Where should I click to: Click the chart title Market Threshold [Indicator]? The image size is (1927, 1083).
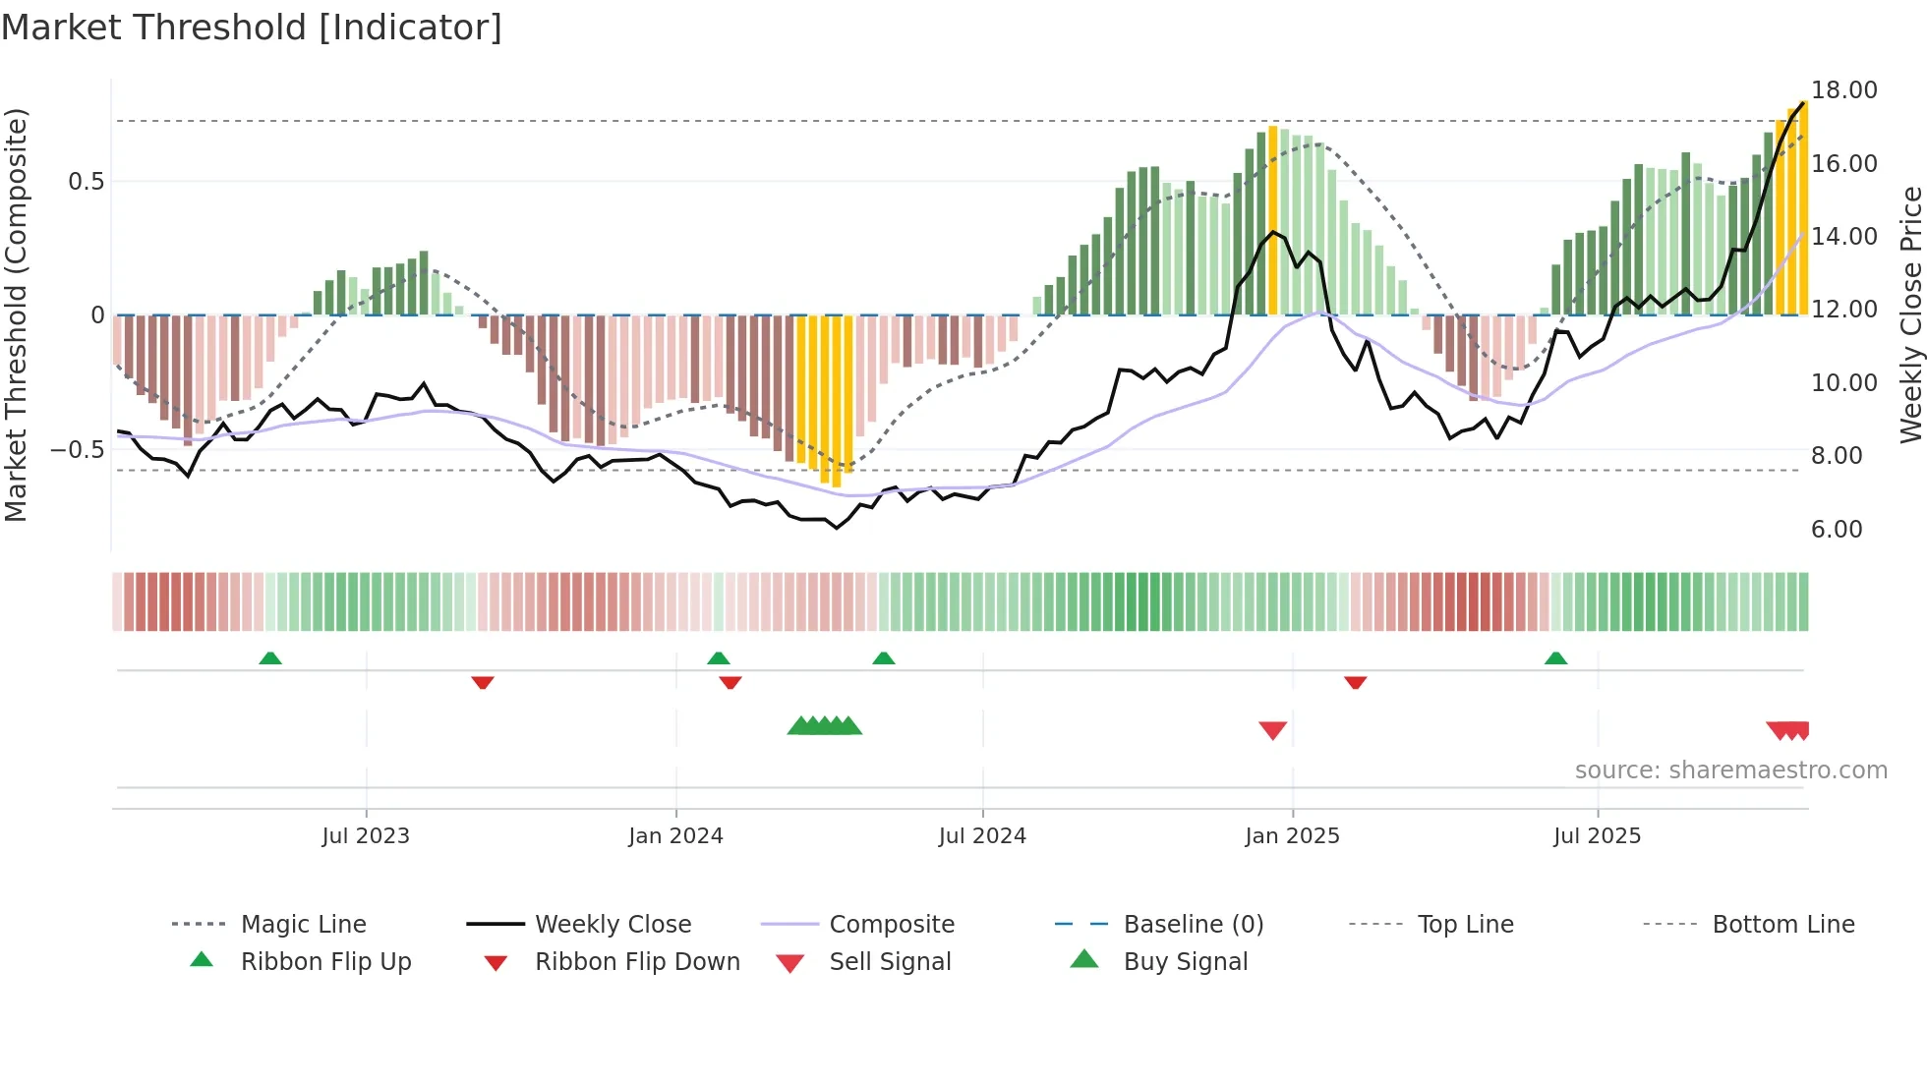(252, 28)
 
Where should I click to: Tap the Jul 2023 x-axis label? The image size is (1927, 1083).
(366, 836)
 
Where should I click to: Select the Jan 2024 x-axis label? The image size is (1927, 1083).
(675, 836)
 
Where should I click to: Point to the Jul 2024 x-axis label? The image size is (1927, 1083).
(982, 836)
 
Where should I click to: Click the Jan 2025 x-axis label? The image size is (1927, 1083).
(1292, 836)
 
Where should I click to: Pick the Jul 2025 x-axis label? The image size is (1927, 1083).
(1598, 836)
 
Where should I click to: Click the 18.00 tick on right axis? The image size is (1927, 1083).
(1844, 90)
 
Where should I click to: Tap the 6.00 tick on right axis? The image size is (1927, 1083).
(1837, 530)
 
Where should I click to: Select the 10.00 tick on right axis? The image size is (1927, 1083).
(1844, 383)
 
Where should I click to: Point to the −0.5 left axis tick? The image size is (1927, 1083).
(77, 450)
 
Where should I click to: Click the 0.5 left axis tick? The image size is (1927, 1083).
(86, 182)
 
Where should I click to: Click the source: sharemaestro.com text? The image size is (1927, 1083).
(1730, 770)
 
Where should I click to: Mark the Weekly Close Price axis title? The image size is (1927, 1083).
(1910, 314)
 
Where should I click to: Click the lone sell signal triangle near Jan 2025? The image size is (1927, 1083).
(1273, 730)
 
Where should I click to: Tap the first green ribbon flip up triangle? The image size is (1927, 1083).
(270, 657)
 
